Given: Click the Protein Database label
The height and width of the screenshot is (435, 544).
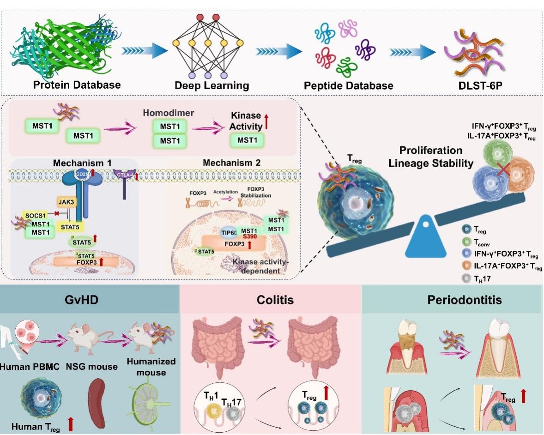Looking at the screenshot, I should click(77, 85).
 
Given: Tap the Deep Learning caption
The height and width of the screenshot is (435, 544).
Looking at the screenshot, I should click(212, 85).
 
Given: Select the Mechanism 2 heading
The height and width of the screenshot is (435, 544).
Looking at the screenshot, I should click(238, 163).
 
